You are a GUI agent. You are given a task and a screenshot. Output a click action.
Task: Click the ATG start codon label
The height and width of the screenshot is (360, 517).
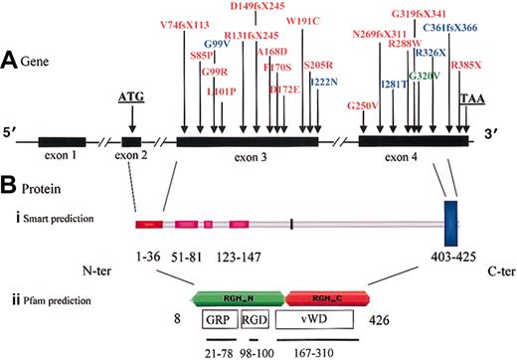pos(130,97)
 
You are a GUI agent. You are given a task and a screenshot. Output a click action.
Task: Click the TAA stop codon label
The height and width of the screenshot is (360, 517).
pos(473,97)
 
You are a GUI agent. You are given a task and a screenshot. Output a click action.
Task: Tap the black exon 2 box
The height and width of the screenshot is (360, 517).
pos(130,142)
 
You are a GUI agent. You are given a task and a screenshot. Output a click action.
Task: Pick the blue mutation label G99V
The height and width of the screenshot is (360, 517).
pos(216,45)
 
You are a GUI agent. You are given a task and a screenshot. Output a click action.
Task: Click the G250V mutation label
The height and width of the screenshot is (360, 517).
pos(364,105)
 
